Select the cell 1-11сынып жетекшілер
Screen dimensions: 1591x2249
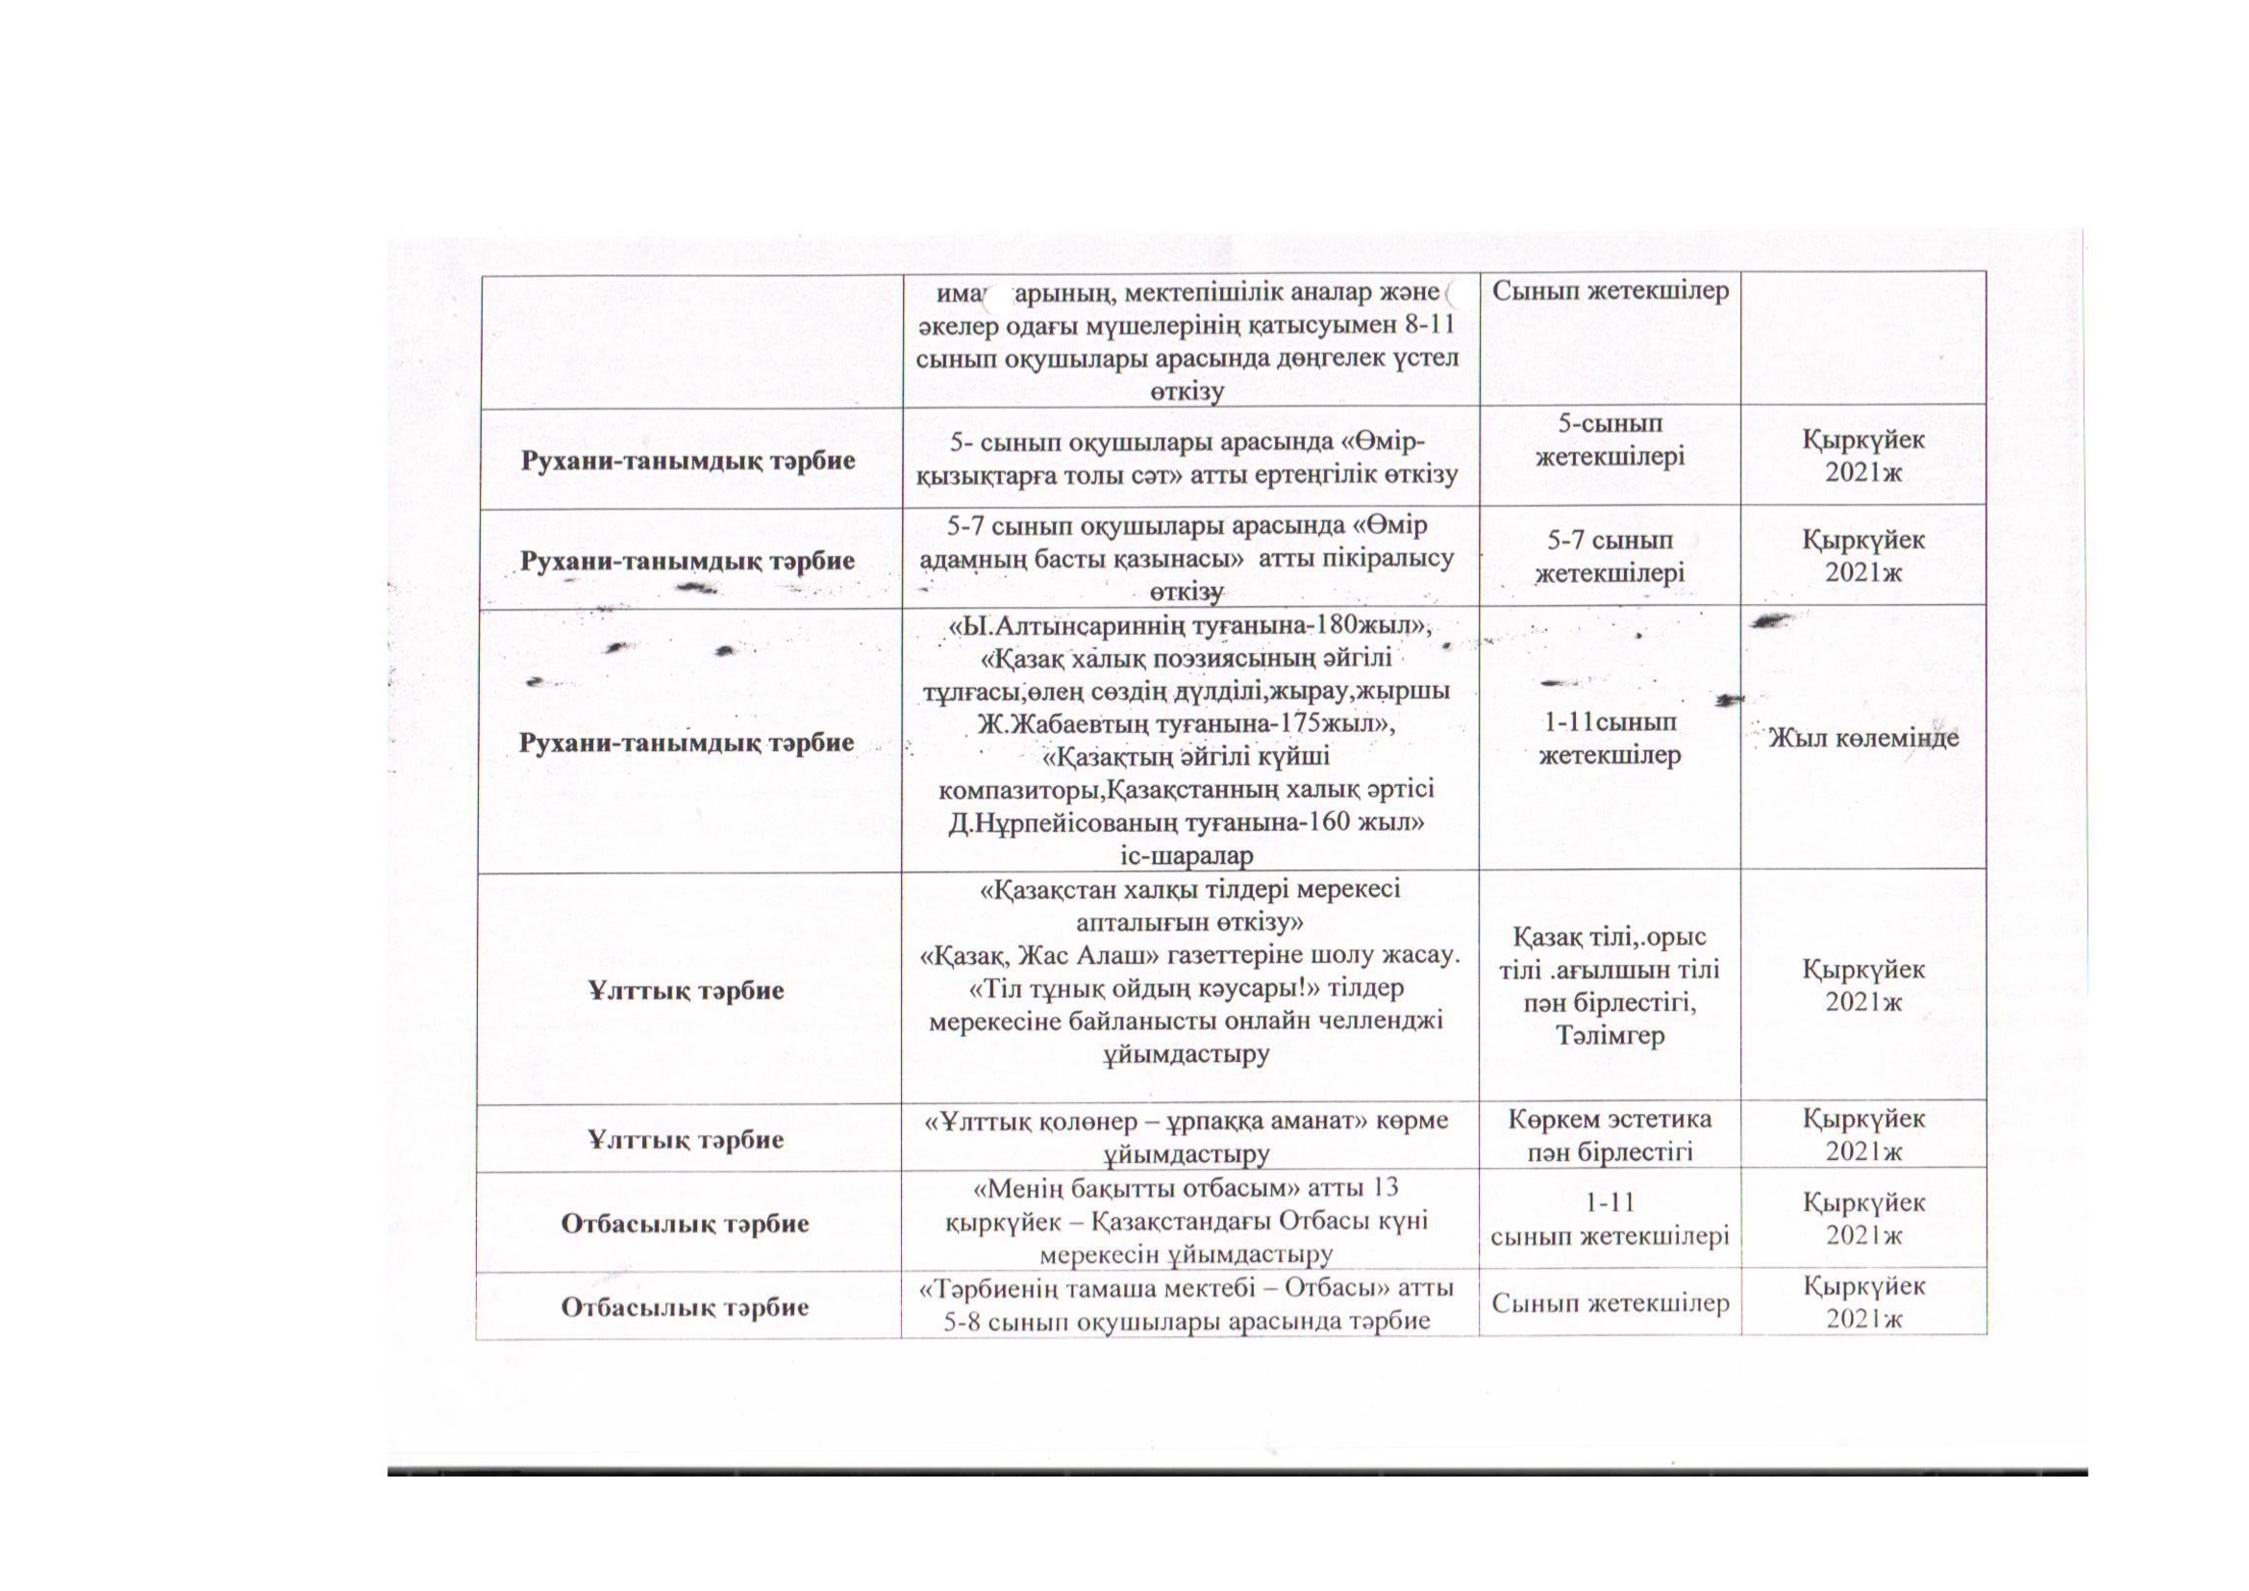(x=1610, y=739)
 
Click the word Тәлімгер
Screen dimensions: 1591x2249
(x=1610, y=1036)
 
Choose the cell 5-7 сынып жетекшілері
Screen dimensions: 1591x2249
(x=1610, y=555)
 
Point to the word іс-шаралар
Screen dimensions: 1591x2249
(x=1187, y=855)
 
